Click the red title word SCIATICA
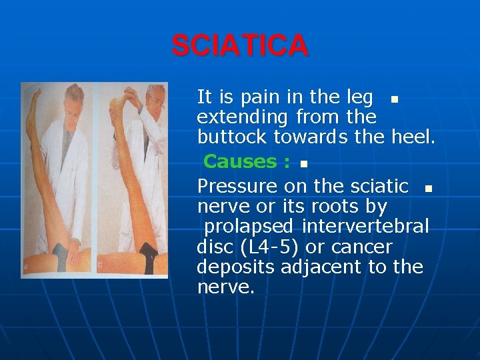point(240,45)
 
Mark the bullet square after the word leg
point(395,99)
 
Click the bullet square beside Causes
point(303,163)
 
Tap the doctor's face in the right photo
point(156,104)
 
